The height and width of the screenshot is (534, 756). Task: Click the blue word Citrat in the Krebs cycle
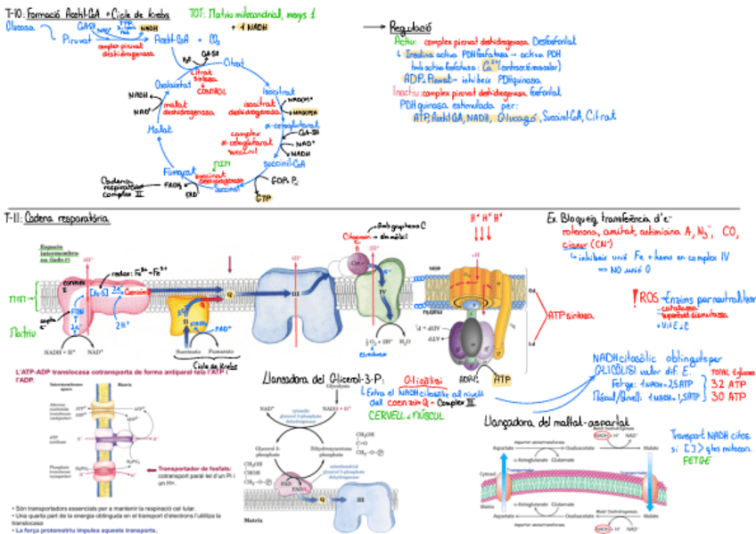234,62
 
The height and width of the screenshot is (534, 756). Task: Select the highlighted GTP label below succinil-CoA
263,197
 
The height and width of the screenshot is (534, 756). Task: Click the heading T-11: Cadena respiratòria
56,218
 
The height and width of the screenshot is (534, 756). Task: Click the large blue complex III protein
294,294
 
